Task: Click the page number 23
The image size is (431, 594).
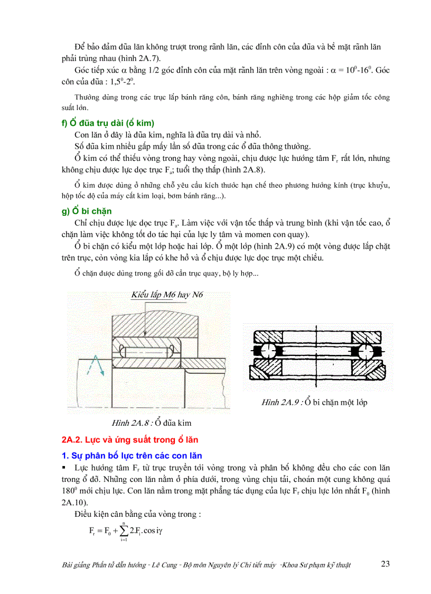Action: tap(385, 564)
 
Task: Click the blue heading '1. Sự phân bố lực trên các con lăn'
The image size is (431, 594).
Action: tap(132, 455)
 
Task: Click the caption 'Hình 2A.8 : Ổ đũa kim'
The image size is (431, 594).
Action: tap(152, 423)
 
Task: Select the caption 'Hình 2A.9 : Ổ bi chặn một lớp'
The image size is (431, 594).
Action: tap(314, 403)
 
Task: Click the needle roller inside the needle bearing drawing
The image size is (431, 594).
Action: tap(146, 351)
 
